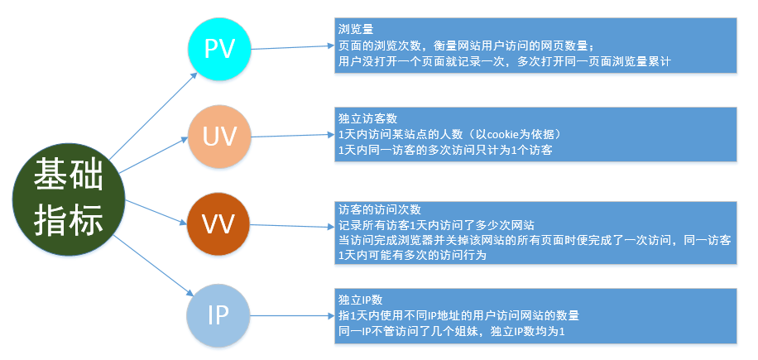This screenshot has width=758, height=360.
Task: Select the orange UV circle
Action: [219, 135]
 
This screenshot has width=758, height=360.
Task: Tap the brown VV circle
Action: [219, 224]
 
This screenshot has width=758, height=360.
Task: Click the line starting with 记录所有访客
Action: [435, 224]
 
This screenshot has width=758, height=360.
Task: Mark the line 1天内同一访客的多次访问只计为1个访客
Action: [445, 150]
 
